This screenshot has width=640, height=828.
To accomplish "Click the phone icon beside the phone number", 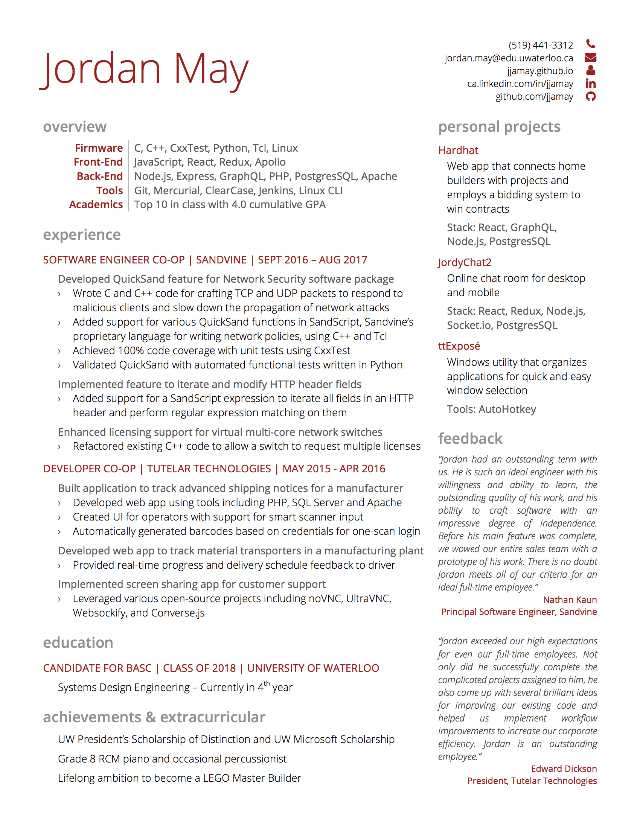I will coord(590,44).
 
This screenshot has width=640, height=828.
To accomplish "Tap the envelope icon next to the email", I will coord(590,58).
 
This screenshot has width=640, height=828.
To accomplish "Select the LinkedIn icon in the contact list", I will coord(590,84).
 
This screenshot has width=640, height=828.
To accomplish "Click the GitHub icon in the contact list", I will coord(590,97).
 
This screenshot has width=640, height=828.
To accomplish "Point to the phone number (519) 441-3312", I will coord(541,46).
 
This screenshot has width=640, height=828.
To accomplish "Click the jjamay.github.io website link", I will coord(540,71).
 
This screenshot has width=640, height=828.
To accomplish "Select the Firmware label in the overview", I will coord(99,148).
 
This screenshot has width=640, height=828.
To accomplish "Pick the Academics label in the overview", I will coord(96,204).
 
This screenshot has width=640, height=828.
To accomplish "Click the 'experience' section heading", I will coord(82,235).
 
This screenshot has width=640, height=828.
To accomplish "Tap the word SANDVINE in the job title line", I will coord(221,260).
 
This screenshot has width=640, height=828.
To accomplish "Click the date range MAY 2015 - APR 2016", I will coord(334,469).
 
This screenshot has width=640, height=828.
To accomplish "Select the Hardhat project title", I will coord(458,151).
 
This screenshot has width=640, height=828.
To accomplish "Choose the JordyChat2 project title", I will coord(465,262).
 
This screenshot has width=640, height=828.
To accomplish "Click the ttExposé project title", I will coord(459,346).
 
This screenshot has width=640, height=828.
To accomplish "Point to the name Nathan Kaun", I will coord(570,600).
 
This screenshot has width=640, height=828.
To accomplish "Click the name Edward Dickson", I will coord(564,769).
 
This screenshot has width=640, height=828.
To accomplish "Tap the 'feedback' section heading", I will coord(470,438).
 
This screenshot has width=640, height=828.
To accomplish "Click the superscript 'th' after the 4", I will coord(267,683).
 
